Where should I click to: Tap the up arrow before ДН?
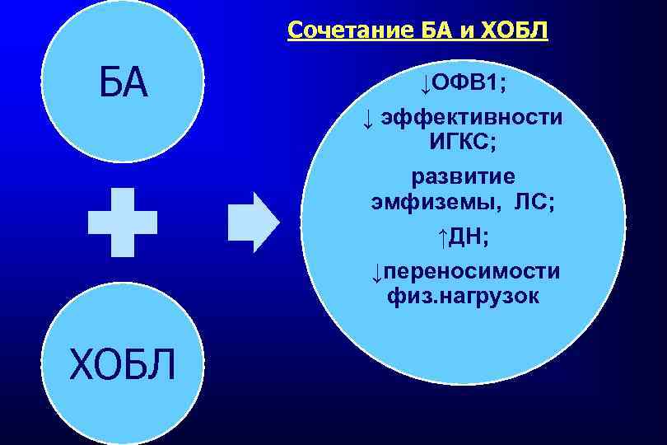click(x=442, y=237)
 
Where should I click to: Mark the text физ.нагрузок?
click(x=464, y=296)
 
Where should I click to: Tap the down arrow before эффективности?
click(x=368, y=119)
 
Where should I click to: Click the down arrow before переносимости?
click(x=375, y=272)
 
